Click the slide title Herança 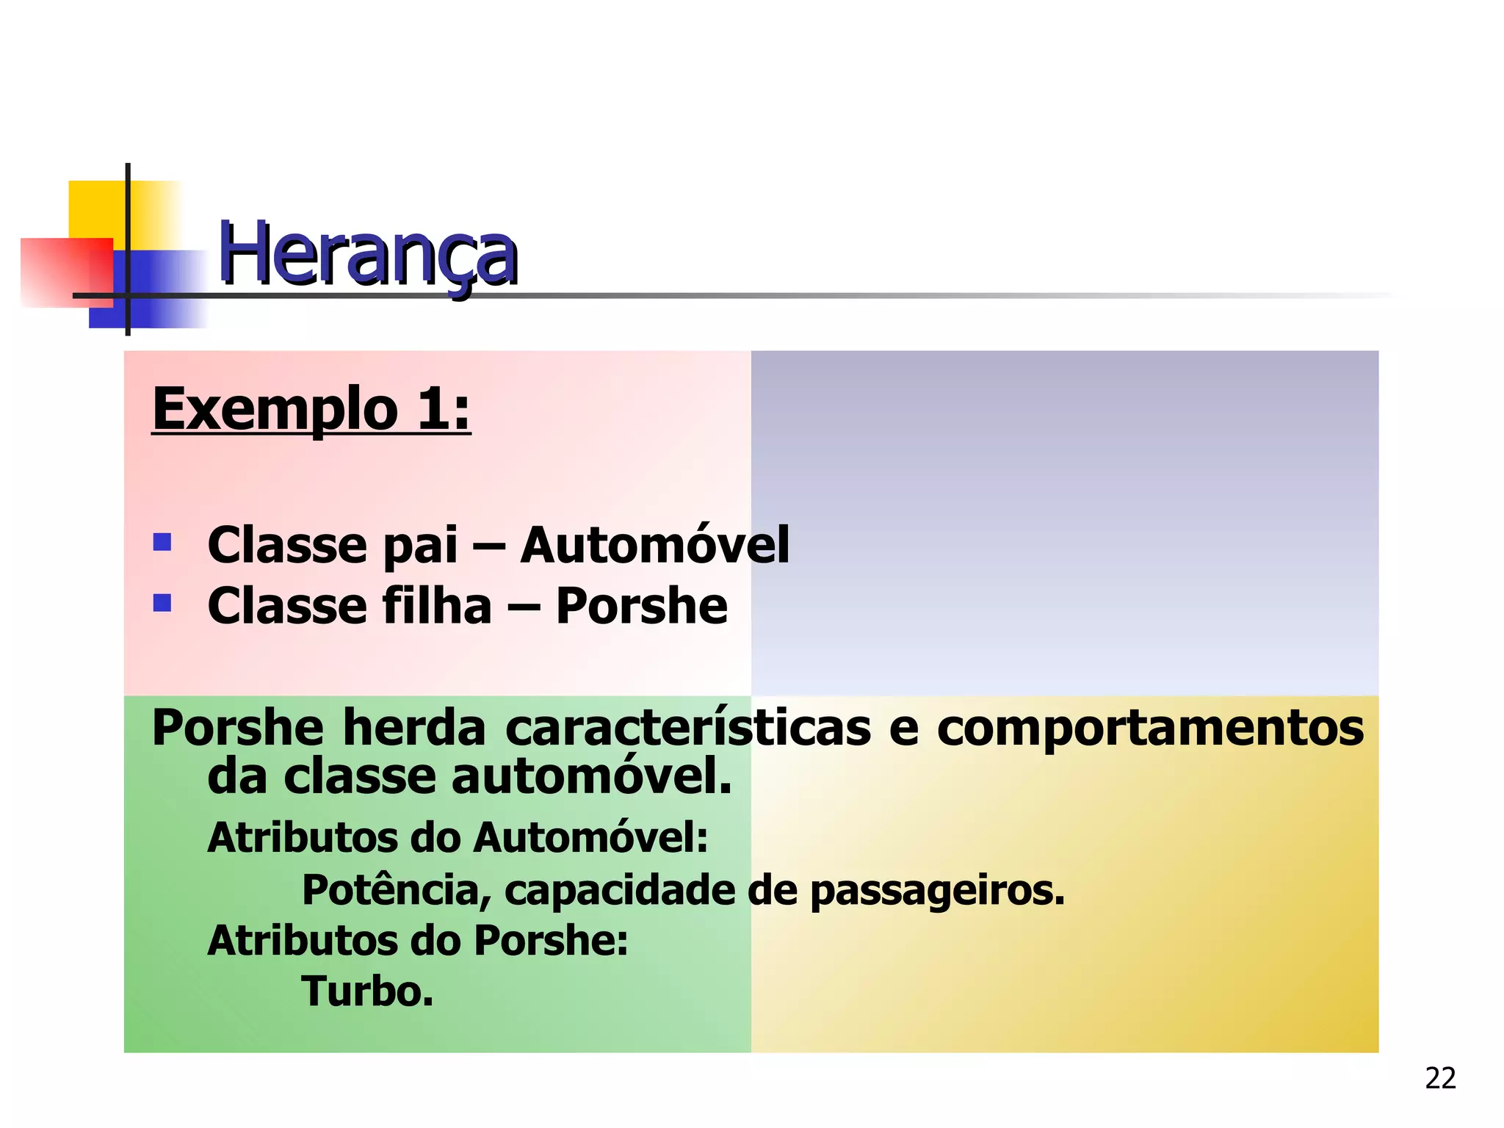point(368,254)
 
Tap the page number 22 point(1440,1078)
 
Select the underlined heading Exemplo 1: point(311,410)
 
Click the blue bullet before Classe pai point(162,543)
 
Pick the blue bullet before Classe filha point(162,604)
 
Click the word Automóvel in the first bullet point(654,546)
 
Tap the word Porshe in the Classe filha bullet point(641,607)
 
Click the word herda point(414,728)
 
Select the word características point(688,728)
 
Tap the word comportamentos point(1150,729)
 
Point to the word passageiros point(937,892)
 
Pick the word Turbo point(367,992)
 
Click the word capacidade point(620,890)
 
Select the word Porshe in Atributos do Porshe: point(551,941)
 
